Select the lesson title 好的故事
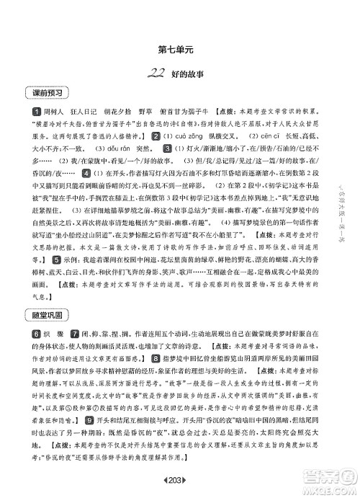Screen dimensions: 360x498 (184, 72)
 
